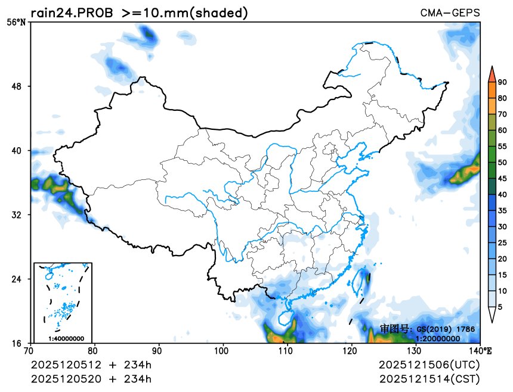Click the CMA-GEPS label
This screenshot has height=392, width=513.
point(450,13)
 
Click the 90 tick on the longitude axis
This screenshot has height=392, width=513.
point(159,350)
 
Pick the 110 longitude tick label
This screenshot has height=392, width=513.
point(288,350)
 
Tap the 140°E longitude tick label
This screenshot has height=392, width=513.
point(482,350)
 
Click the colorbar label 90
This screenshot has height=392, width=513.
point(502,82)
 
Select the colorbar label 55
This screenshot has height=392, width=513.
point(502,146)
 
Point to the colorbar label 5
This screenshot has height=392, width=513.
point(500,307)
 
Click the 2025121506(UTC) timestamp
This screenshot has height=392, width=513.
point(429,365)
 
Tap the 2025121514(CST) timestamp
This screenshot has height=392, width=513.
point(429,379)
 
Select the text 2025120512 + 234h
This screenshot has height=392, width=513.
point(91,365)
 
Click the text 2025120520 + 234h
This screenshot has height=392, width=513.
point(91,379)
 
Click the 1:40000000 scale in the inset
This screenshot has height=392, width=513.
point(66,338)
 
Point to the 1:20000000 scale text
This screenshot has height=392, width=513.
point(437,338)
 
